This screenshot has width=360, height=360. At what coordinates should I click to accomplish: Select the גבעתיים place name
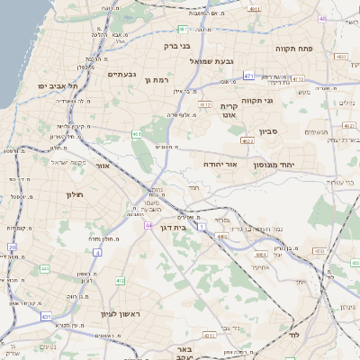(120, 75)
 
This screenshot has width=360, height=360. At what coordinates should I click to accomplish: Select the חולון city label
(74, 194)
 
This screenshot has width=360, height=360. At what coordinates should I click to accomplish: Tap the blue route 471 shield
(247, 76)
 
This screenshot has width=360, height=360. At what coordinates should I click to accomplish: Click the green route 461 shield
(136, 134)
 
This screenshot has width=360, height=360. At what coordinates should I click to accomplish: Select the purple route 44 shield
(147, 225)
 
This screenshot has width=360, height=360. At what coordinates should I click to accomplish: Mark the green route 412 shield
(120, 281)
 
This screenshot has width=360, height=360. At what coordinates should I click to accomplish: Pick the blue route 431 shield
(46, 318)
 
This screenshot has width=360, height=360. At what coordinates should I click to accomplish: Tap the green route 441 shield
(44, 269)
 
